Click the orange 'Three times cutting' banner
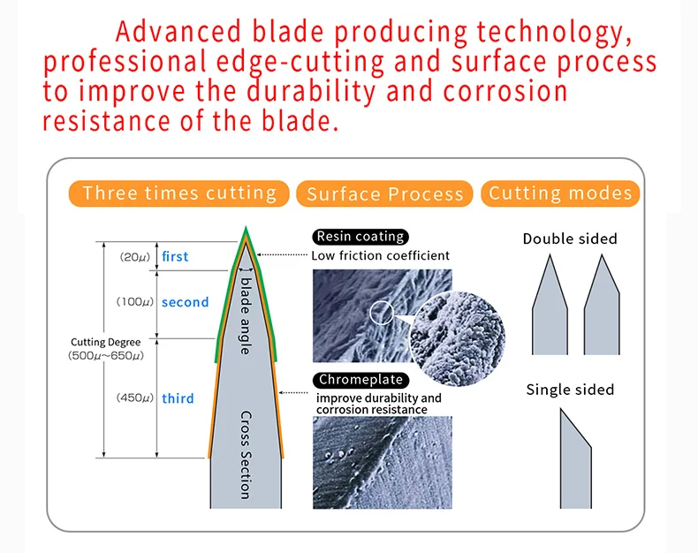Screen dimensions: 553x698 click(179, 193)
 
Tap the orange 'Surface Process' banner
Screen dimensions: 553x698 click(385, 194)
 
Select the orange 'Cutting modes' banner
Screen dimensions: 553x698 click(561, 193)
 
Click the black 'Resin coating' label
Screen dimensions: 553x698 click(360, 237)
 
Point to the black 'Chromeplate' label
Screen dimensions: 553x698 click(360, 380)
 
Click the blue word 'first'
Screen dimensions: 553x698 click(175, 256)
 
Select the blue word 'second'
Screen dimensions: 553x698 click(185, 302)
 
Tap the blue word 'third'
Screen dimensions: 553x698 click(178, 398)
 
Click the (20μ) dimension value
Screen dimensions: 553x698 click(135, 257)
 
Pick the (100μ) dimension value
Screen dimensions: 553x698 click(135, 302)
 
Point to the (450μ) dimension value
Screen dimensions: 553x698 click(135, 398)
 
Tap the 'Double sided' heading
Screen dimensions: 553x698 click(570, 239)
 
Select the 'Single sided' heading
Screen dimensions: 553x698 click(570, 390)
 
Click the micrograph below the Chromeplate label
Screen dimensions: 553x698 click(383, 462)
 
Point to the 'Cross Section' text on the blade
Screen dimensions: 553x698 click(246, 454)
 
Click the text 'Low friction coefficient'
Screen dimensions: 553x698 click(380, 255)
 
